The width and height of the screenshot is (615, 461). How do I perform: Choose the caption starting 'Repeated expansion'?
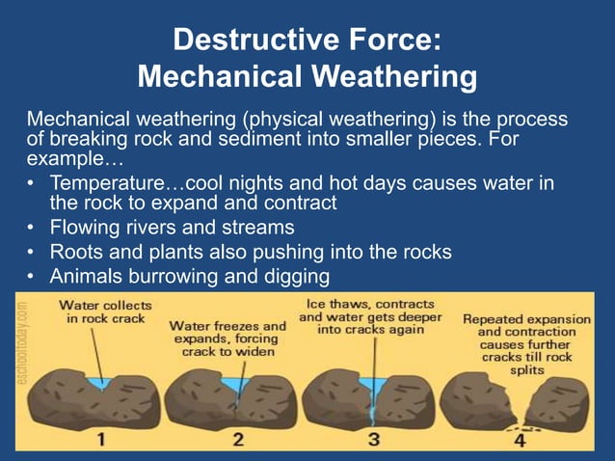pyautogui.click(x=524, y=343)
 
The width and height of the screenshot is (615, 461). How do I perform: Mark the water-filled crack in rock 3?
pyautogui.click(x=372, y=390)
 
